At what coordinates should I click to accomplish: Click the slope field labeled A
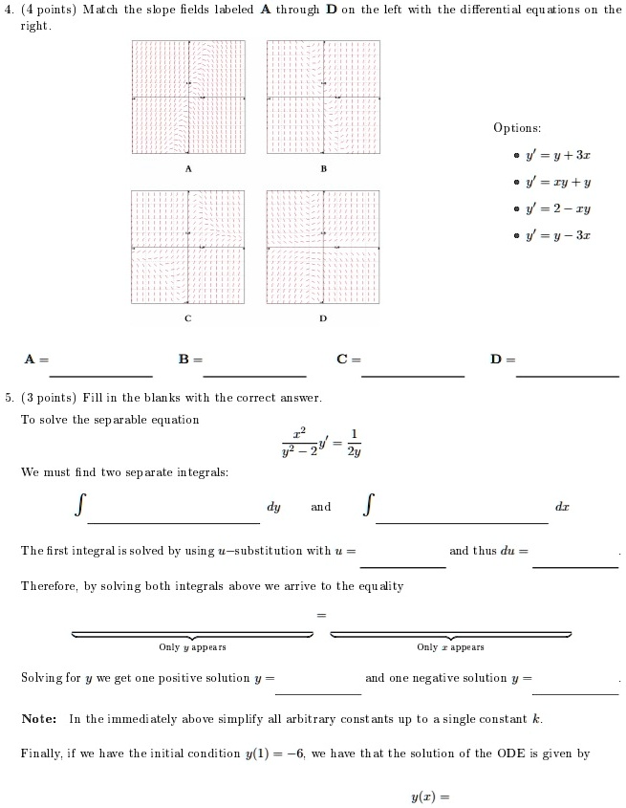tap(188, 98)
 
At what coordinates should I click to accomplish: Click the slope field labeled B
tap(323, 98)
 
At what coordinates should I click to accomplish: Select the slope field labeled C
tap(188, 247)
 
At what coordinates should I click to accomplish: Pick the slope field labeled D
tap(323, 247)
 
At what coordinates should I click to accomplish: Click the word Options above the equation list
tap(517, 128)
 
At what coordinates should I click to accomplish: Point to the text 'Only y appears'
tap(192, 647)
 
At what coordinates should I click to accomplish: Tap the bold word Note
tap(38, 718)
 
